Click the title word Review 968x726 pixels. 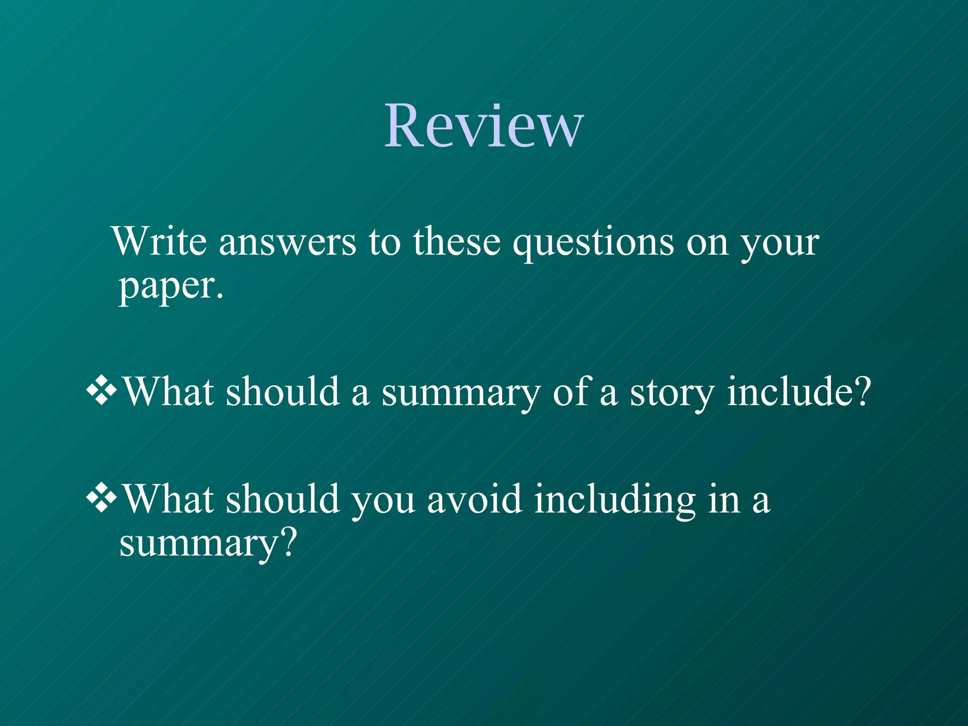coord(484,126)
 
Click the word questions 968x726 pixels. coord(594,244)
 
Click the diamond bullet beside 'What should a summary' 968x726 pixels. coord(101,390)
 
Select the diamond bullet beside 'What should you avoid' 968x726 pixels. coord(101,498)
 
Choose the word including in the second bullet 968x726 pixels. coord(614,501)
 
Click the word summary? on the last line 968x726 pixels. coord(208,544)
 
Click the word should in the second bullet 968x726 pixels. coord(283,499)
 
